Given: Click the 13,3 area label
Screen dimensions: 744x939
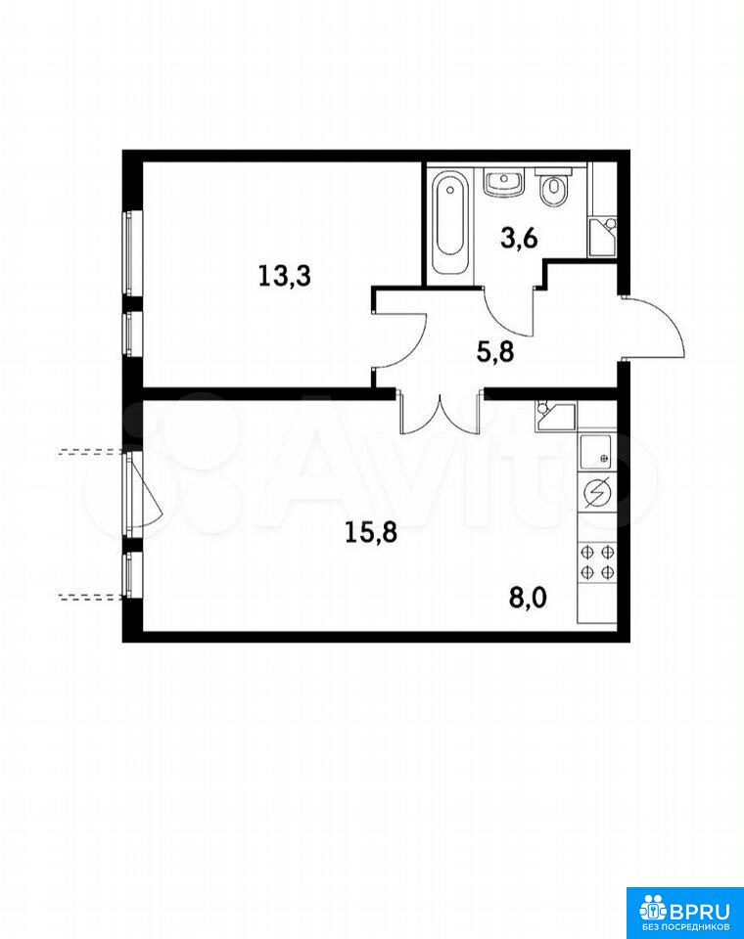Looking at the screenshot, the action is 284,277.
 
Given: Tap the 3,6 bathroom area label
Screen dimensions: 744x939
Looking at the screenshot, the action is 519,239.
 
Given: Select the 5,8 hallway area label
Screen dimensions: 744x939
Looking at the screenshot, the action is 495,352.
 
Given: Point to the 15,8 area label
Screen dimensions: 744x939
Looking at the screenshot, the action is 371,532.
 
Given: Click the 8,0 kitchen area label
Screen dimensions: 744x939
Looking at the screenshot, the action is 529,599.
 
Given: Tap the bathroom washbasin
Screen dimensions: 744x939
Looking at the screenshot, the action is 504,183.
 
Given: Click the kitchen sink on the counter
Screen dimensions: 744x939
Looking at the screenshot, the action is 596,450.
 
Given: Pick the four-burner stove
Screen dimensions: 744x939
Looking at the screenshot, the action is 597,560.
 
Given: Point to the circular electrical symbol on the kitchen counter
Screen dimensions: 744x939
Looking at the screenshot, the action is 597,492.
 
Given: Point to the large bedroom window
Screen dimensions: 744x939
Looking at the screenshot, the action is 132,252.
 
